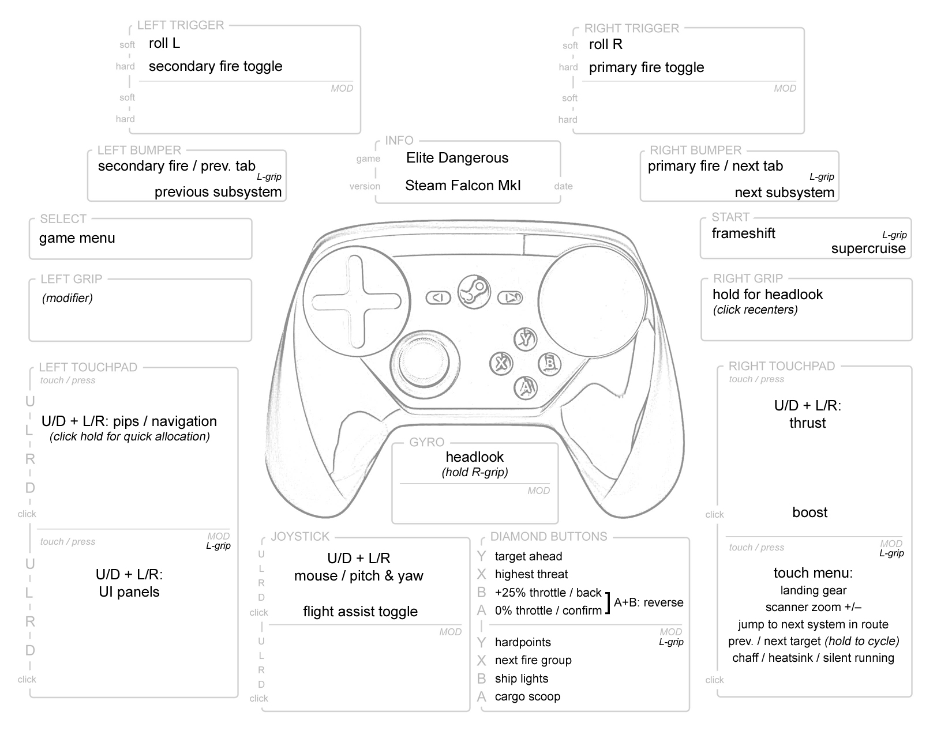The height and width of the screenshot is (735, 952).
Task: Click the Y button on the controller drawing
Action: (526, 339)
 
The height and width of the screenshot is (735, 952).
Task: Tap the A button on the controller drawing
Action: (526, 388)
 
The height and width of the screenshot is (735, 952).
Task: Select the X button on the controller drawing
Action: (501, 363)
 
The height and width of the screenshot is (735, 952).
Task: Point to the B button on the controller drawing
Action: (550, 363)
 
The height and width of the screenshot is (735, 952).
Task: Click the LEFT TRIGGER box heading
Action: (180, 25)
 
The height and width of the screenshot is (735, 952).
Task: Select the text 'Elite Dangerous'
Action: (457, 158)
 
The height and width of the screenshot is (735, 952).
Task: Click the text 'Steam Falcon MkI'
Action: (463, 186)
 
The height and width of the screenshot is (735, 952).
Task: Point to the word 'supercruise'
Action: (868, 248)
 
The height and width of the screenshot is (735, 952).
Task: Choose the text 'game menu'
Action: (77, 238)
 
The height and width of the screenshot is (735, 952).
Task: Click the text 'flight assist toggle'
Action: (360, 612)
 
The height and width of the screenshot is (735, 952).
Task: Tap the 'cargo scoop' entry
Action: (527, 696)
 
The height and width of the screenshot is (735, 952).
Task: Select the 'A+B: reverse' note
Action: (649, 602)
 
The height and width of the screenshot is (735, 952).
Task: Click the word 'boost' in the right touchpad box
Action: (809, 512)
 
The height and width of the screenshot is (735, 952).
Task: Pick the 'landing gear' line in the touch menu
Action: (813, 590)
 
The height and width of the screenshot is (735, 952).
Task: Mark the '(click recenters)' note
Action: (755, 310)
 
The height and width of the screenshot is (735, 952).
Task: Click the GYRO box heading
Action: (426, 442)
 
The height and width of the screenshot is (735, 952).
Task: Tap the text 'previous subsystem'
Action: (218, 192)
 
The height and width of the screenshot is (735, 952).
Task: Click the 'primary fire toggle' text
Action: (646, 67)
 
